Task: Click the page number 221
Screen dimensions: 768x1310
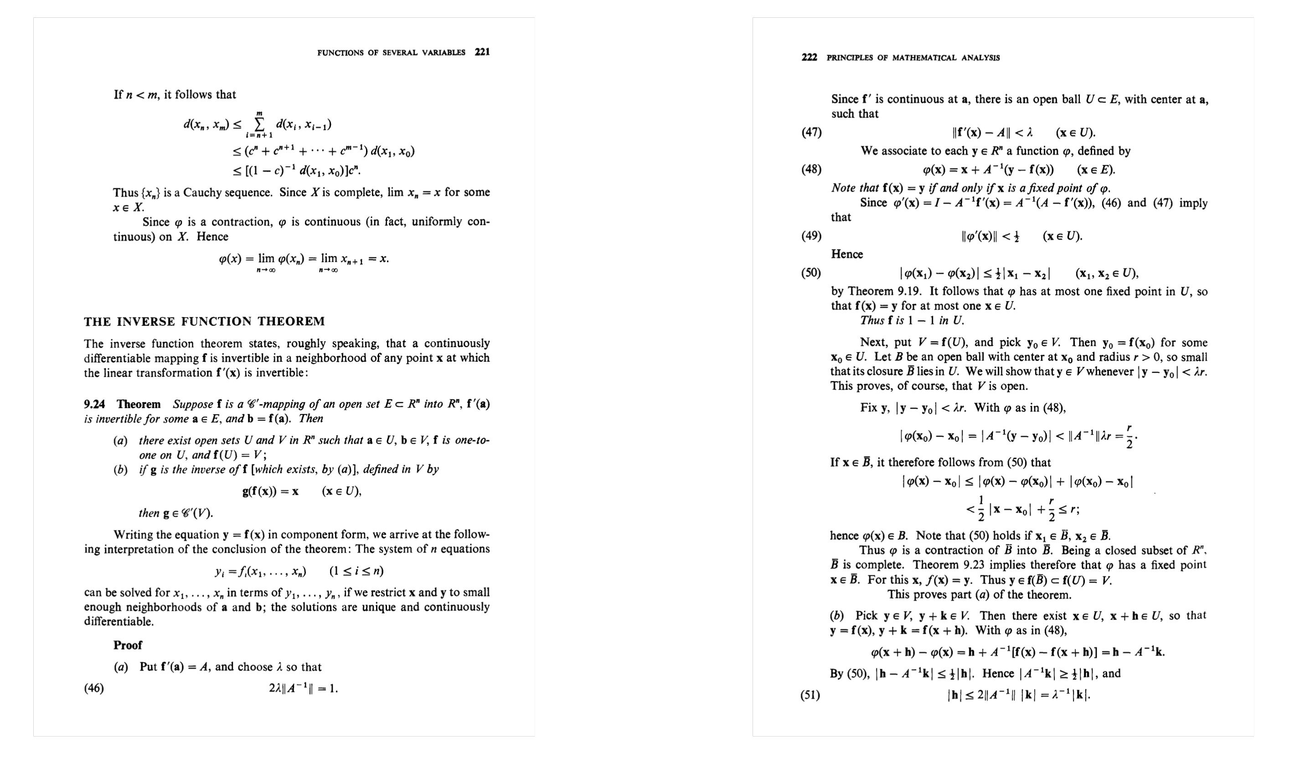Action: tap(482, 52)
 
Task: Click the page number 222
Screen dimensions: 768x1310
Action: tap(809, 57)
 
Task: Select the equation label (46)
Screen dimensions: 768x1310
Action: tap(93, 688)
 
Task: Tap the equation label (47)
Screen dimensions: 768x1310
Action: tap(811, 133)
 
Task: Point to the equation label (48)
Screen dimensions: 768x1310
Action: tap(811, 169)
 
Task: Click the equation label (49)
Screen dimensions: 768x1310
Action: tap(811, 236)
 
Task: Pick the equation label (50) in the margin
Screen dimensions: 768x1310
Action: tap(811, 273)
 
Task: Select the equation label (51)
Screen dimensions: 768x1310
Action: tap(810, 695)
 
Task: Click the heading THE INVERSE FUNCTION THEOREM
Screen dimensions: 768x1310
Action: tap(204, 322)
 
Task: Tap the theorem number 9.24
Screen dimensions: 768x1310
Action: tap(94, 404)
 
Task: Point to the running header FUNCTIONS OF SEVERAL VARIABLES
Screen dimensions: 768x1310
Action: tap(391, 52)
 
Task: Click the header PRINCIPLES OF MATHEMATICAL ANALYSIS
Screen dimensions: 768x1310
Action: tap(913, 58)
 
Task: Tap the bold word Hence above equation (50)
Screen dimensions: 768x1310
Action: tap(847, 255)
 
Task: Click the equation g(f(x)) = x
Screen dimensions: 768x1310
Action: tap(270, 492)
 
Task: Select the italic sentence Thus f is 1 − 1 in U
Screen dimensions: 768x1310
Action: tap(912, 321)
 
